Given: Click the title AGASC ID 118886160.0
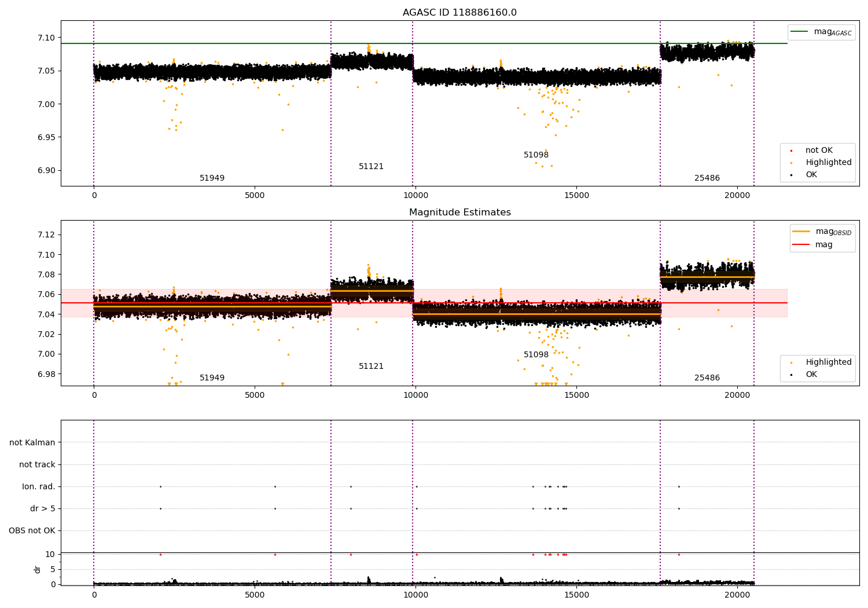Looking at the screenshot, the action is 459,12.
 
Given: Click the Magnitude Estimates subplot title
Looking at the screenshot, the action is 460,212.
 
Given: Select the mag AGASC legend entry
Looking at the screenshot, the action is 821,32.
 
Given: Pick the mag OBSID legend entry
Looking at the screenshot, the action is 822,232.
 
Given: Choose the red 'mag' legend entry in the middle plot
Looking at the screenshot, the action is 812,245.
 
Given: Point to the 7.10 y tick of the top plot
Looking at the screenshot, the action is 46,38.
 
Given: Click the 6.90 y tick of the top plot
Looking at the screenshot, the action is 46,170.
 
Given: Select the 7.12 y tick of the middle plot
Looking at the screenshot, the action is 46,235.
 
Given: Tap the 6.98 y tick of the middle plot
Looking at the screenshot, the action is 46,374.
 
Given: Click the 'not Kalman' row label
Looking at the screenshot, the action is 32,442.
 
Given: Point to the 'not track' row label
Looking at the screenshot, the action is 37,464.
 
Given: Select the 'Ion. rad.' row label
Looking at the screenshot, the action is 38,486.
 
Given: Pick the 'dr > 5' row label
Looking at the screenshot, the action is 43,508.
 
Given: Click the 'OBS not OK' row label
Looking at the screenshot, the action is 32,530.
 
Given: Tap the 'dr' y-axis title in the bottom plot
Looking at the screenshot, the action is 37,569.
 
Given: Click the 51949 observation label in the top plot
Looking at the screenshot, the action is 212,178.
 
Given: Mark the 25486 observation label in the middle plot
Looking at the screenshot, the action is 707,378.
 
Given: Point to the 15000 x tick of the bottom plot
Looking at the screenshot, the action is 576,595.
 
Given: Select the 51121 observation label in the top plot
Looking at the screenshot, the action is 371,166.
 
